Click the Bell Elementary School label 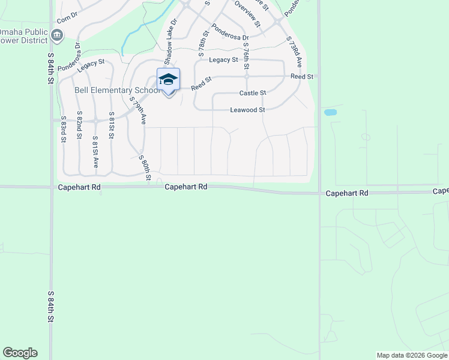116,91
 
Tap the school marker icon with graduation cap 168,80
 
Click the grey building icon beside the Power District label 57,36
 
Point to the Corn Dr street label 68,17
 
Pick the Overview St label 247,14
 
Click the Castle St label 253,93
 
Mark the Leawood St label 247,110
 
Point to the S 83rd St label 64,129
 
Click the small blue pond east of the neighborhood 330,112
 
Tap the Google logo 20,353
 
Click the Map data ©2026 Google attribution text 411,355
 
